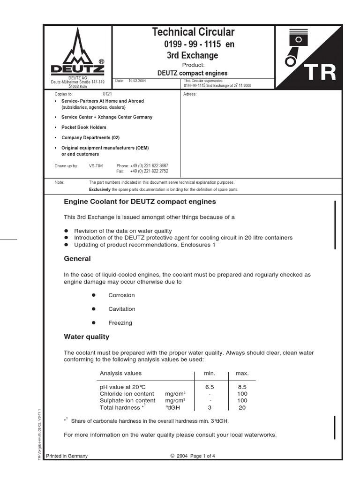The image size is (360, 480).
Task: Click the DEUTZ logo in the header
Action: [x=77, y=52]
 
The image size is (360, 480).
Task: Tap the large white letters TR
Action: [x=320, y=73]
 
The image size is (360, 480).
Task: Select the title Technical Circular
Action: [x=193, y=32]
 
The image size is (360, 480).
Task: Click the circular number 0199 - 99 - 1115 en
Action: [x=199, y=44]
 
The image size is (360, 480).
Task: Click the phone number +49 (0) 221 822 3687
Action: [x=149, y=166]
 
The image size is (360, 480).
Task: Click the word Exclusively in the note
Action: [x=99, y=189]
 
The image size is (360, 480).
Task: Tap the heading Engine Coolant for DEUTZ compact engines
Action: [x=140, y=202]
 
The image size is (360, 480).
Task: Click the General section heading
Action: [x=77, y=259]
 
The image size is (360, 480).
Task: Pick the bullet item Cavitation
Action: [x=121, y=309]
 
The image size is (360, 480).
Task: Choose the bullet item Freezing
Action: [x=120, y=323]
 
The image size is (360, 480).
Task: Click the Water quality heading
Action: [x=86, y=337]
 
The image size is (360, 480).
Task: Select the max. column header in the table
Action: [x=242, y=373]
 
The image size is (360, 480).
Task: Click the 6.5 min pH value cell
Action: [x=210, y=387]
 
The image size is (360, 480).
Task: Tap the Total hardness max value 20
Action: [x=242, y=407]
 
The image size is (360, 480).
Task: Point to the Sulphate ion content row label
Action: [x=127, y=401]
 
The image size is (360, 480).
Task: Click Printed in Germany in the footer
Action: [x=66, y=456]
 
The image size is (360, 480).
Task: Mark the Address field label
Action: [x=190, y=94]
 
